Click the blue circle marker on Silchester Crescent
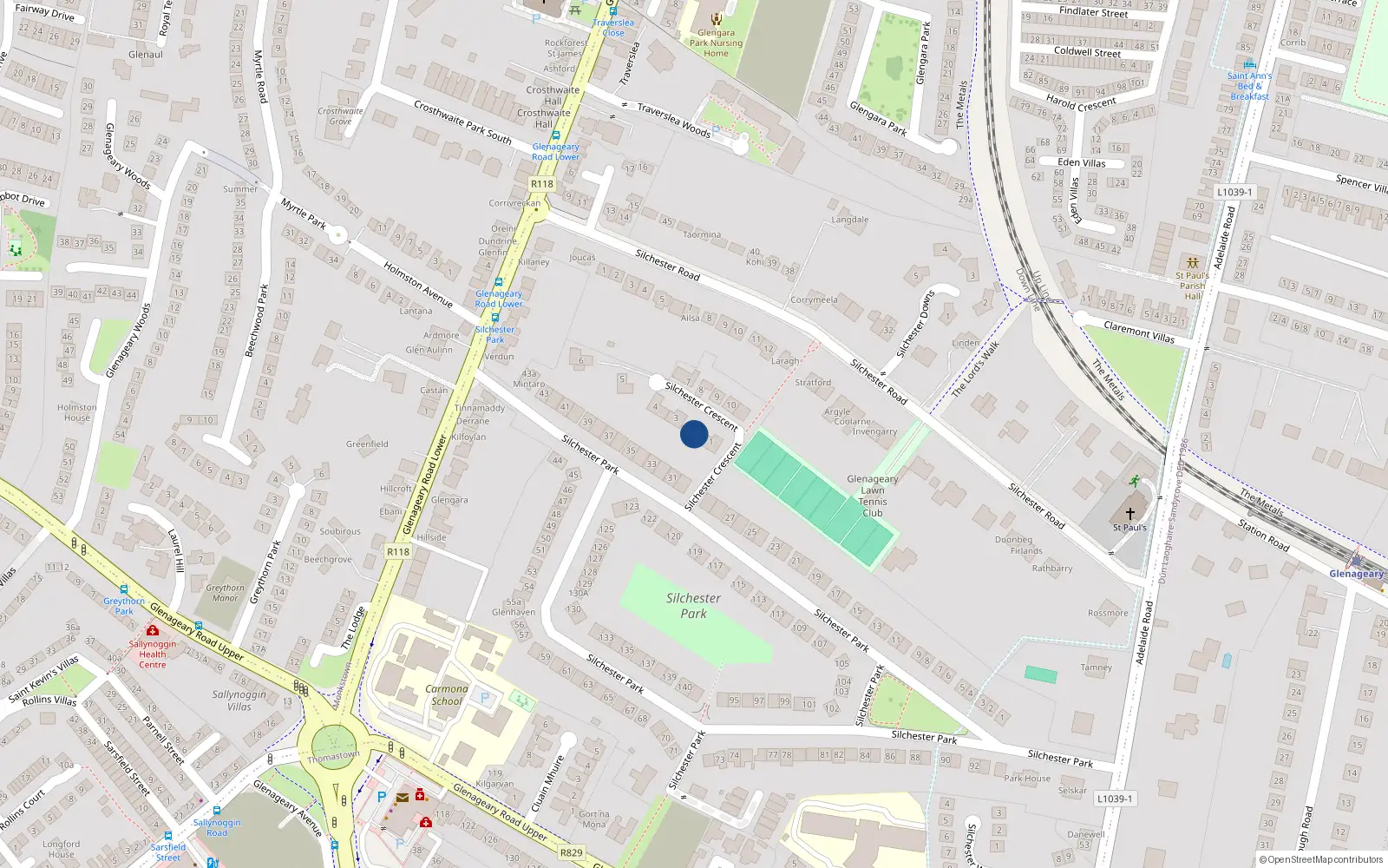click(694, 434)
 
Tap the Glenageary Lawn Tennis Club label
click(872, 496)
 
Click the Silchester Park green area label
click(693, 606)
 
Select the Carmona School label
click(447, 694)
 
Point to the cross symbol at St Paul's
click(1129, 513)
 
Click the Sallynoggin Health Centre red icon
click(153, 631)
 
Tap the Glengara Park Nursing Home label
click(716, 43)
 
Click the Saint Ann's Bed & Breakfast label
click(1249, 86)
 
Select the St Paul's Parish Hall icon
click(1193, 262)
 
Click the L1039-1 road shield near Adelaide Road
click(1234, 192)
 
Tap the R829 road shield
click(571, 852)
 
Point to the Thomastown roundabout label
click(333, 756)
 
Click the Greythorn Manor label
click(225, 593)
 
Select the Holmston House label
click(77, 412)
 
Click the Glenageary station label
click(1357, 574)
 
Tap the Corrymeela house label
click(814, 300)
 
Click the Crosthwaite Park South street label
click(462, 122)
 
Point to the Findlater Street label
click(1093, 12)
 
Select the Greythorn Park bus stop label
click(124, 606)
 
